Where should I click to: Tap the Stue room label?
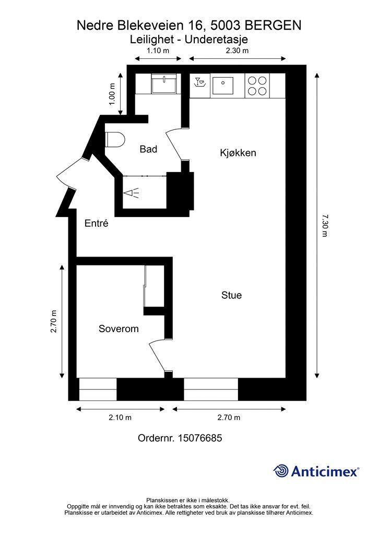231,295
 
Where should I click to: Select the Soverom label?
119,329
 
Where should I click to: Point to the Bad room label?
148,149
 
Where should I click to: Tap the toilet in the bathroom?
115,140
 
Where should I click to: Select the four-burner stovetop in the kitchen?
257,86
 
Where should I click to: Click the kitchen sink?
225,85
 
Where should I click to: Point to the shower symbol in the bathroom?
132,193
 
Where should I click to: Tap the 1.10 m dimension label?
158,51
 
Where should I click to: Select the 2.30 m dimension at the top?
237,51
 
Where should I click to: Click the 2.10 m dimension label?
120,418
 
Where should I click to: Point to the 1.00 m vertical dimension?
112,94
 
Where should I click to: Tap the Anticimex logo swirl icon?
281,471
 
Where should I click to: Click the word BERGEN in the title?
273,25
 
